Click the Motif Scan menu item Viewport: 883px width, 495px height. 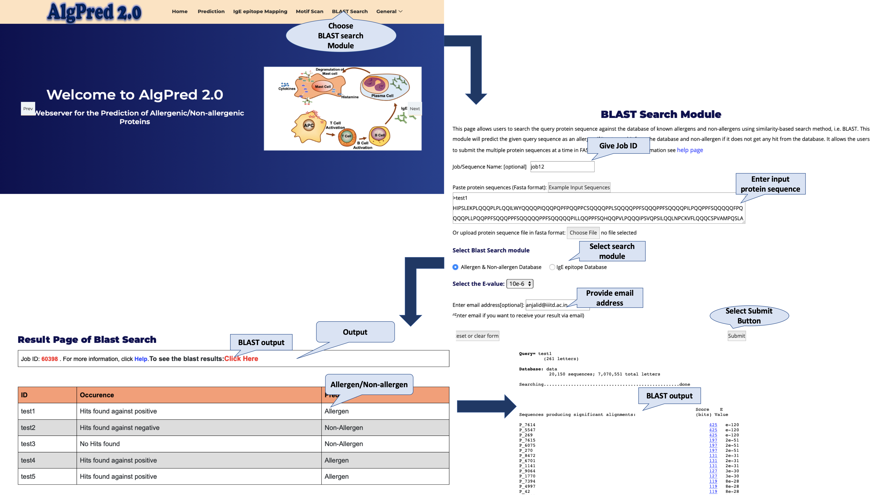point(309,11)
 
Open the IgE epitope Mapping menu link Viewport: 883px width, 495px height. point(260,11)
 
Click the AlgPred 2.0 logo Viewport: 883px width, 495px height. point(94,12)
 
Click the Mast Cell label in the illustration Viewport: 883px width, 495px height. point(323,86)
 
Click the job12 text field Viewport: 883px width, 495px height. point(562,167)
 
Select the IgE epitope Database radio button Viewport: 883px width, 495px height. point(552,267)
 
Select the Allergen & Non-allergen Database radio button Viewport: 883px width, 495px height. point(455,267)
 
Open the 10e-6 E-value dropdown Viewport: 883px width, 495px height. point(520,284)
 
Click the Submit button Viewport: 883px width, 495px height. point(736,336)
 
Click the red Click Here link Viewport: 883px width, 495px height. point(241,359)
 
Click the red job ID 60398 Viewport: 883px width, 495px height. point(50,359)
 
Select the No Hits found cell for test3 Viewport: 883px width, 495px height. point(100,444)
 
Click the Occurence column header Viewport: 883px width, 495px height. point(97,395)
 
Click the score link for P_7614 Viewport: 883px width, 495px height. point(713,425)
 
